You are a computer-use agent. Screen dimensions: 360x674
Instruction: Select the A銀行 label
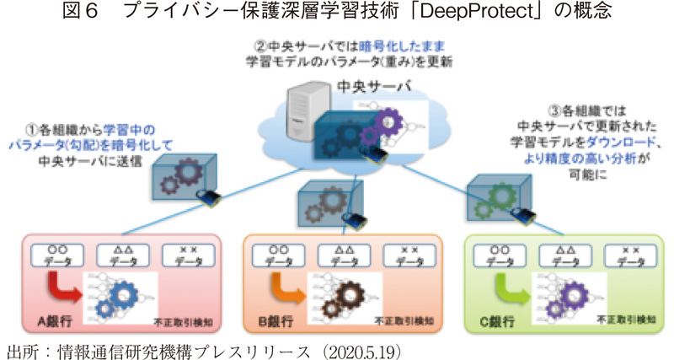(x=56, y=322)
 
